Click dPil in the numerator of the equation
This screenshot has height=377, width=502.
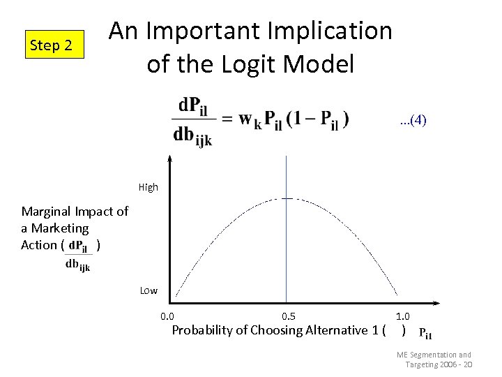click(192, 107)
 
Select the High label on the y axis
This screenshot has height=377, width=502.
click(149, 187)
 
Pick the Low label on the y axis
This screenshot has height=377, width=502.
click(149, 290)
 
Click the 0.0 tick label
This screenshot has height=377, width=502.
click(168, 317)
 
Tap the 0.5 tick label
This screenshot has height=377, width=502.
click(288, 317)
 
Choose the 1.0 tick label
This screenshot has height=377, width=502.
click(403, 317)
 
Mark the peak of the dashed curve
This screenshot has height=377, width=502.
click(287, 199)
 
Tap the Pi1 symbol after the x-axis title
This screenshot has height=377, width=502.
click(425, 334)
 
